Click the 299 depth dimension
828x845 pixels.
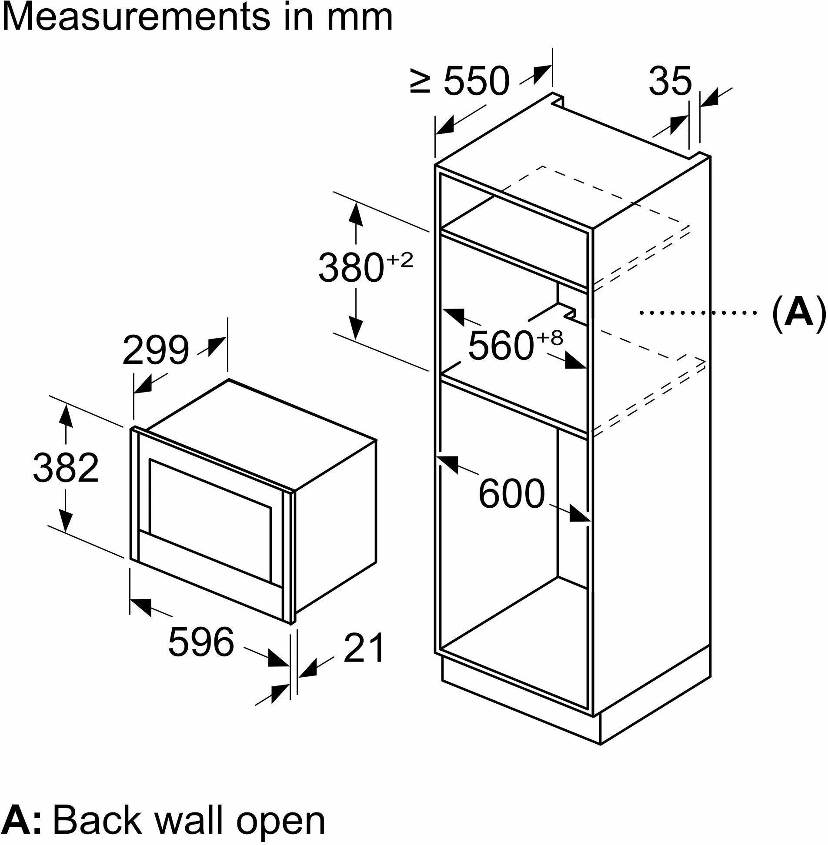point(156,350)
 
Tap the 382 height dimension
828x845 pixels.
point(66,468)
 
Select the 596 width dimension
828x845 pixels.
point(201,642)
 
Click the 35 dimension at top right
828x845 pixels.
point(670,81)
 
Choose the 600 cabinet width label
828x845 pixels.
point(511,494)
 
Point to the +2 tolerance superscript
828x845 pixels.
point(399,261)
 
